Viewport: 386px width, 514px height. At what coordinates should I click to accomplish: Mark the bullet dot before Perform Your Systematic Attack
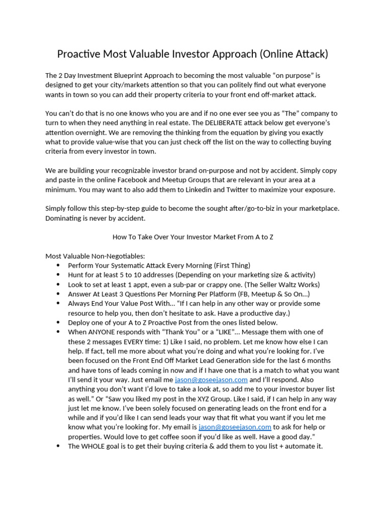(x=58, y=266)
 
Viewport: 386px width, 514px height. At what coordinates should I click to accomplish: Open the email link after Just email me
(x=211, y=379)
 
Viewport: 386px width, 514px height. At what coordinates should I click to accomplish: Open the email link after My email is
(x=235, y=427)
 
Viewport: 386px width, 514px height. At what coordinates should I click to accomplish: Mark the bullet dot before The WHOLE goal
(x=58, y=446)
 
